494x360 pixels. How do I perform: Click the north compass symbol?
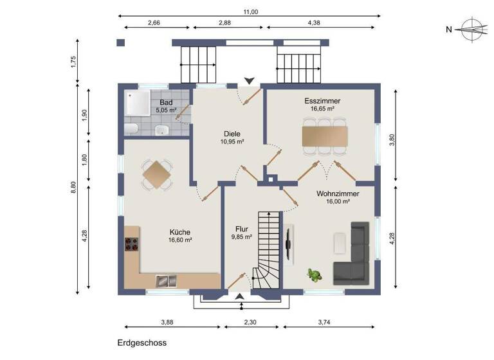coord(473,28)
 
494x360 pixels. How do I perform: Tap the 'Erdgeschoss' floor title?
coord(142,343)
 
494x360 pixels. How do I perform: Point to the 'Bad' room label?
coord(166,102)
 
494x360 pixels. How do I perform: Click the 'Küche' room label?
coord(180,232)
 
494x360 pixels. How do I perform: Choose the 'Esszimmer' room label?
coord(322,101)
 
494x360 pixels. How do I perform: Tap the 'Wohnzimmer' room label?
coord(337,193)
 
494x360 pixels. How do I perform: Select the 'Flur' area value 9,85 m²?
coord(241,236)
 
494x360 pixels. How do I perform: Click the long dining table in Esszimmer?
coord(325,136)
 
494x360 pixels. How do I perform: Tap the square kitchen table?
coord(157,173)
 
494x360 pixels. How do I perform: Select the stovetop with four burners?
coord(132,244)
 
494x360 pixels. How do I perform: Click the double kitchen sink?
coord(167,280)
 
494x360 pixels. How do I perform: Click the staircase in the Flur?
coord(267,248)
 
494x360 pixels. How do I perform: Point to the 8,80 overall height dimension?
coord(73,186)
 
